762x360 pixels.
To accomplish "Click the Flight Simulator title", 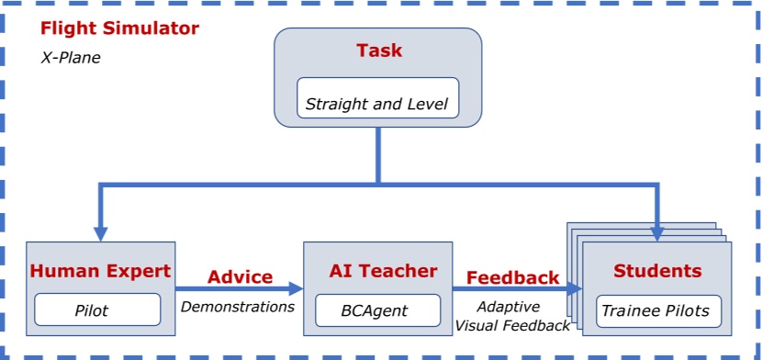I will point(119,28).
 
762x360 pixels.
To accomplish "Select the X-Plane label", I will point(71,57).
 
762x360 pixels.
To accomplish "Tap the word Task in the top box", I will point(379,51).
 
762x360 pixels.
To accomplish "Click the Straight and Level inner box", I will point(378,104).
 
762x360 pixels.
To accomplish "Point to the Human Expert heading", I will point(101,271).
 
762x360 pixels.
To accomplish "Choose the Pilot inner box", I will point(91,310).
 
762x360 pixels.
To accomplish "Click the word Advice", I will point(240,276).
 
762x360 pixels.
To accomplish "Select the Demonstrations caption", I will point(238,306).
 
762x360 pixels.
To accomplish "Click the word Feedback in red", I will point(512,277).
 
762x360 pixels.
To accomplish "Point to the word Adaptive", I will point(509,307).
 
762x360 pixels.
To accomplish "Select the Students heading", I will point(656,271).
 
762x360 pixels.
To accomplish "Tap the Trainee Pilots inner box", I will point(656,310).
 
